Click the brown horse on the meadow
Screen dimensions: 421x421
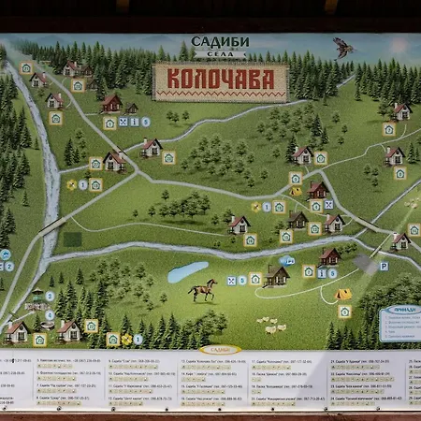click(x=202, y=290)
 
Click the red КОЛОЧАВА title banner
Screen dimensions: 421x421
click(x=221, y=81)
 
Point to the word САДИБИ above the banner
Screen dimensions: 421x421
click(x=220, y=42)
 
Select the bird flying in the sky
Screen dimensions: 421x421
click(x=343, y=47)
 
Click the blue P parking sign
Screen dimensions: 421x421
click(x=384, y=266)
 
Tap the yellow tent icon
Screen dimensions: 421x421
click(x=343, y=294)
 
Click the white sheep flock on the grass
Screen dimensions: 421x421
click(x=274, y=327)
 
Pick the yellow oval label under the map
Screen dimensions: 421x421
click(x=221, y=349)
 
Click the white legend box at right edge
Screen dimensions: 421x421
click(x=399, y=323)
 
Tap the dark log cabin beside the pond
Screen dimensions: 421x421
click(x=276, y=274)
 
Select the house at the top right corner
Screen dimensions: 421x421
click(x=401, y=110)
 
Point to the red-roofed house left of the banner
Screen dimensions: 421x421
click(x=112, y=102)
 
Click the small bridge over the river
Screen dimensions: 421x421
click(x=53, y=226)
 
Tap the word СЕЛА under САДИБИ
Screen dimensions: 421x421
click(x=220, y=55)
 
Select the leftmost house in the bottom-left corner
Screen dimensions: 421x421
click(x=16, y=329)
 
